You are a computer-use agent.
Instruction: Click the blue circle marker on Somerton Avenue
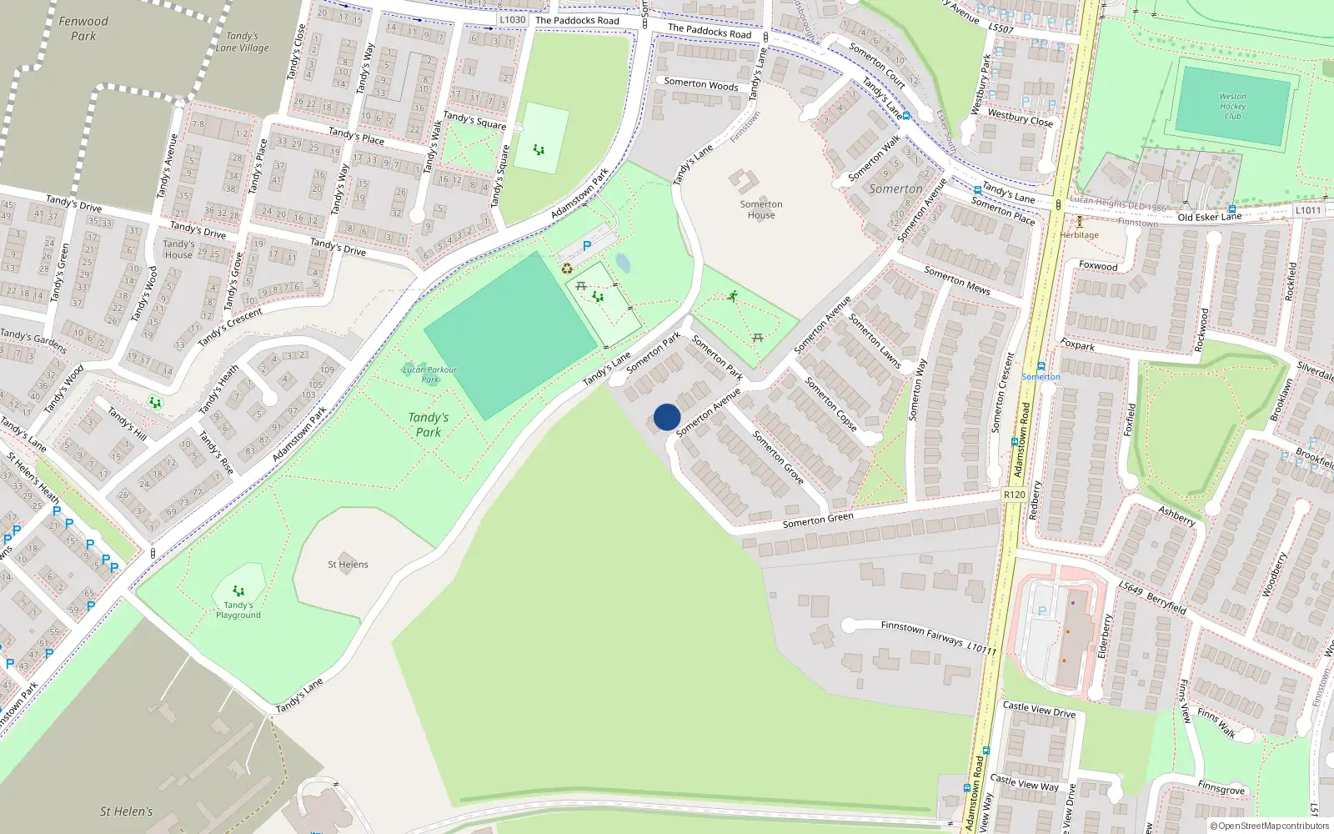point(667,417)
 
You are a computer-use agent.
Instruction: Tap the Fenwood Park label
point(83,28)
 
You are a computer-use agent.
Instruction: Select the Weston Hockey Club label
point(1232,106)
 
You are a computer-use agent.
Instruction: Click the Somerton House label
point(761,209)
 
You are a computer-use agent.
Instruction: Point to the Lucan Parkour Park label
point(429,374)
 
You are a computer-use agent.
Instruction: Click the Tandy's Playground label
point(238,610)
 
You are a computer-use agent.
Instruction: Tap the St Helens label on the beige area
point(348,565)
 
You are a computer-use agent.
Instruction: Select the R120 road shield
point(1015,495)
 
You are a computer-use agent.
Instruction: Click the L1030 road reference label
point(512,20)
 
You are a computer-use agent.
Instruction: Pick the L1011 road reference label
point(1308,210)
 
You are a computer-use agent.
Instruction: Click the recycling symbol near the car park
point(567,269)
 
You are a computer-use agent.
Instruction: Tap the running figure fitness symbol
point(732,295)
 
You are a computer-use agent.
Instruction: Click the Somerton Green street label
point(818,520)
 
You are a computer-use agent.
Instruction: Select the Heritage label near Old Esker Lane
point(1079,234)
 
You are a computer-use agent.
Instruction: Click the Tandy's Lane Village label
point(243,42)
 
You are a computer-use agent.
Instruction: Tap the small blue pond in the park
point(623,264)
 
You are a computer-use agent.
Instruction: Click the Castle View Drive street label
point(1039,709)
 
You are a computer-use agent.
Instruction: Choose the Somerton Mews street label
point(957,281)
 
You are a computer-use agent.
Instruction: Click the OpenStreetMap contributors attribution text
point(1270,826)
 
